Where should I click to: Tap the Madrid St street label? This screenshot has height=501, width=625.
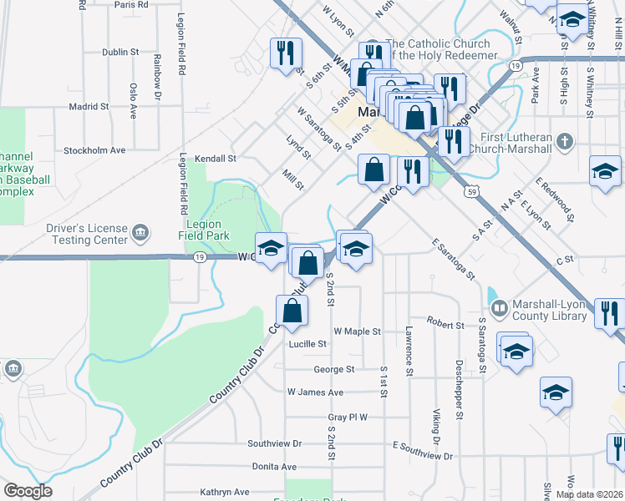89,107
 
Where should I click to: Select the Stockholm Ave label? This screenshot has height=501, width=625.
94,150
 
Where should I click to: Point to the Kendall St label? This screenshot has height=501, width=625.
216,158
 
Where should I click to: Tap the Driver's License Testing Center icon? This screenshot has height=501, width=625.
140,231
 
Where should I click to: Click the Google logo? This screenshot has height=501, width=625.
28,491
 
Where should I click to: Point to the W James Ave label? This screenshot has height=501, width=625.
315,392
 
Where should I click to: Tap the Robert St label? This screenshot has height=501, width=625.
445,324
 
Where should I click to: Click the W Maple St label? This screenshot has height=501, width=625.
357,331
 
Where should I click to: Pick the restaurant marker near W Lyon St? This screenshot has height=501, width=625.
285,53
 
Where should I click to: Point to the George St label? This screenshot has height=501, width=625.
334,369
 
